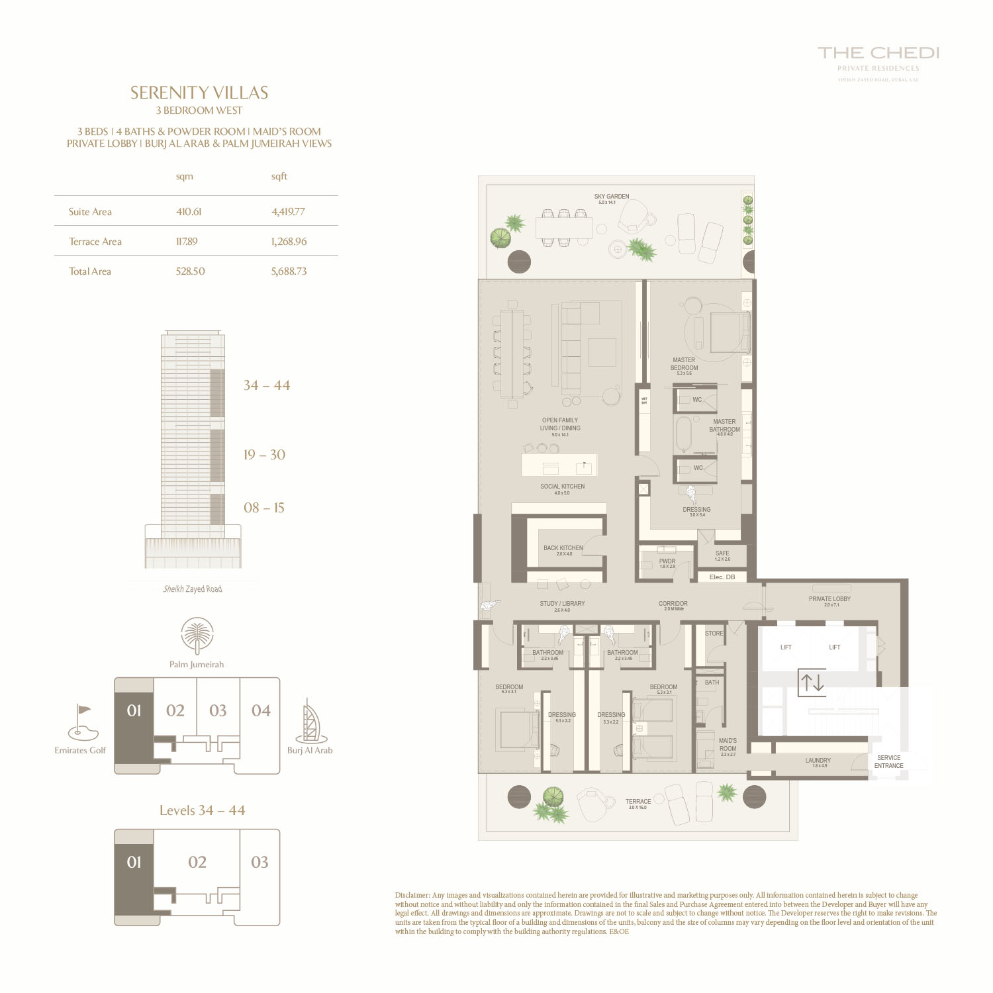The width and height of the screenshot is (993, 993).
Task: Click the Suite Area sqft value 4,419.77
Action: tap(288, 212)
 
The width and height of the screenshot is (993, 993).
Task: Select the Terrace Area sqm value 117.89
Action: tap(187, 242)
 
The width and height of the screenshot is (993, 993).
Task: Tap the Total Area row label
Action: tap(90, 271)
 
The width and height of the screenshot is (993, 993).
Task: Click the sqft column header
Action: tap(279, 176)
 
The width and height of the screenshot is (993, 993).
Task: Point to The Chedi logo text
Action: tap(878, 53)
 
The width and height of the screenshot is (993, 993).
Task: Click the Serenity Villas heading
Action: tap(199, 93)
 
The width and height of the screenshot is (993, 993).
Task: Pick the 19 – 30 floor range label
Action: tap(264, 455)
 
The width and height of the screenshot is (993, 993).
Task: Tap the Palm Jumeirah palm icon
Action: tap(197, 636)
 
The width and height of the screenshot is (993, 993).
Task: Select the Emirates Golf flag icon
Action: tap(83, 722)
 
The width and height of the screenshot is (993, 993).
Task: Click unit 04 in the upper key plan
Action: tap(261, 710)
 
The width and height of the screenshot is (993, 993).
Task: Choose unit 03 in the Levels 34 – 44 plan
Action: tap(260, 862)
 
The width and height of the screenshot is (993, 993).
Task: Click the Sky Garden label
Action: tap(612, 197)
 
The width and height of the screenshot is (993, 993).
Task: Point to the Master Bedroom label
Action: tap(684, 364)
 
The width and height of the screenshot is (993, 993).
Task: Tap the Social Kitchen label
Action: tap(562, 487)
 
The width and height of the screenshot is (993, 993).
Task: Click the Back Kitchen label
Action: tap(563, 548)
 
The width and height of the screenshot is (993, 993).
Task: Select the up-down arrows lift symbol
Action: tap(812, 683)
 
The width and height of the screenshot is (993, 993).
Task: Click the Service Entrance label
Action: tap(888, 762)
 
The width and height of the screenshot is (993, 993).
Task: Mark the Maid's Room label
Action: tap(728, 745)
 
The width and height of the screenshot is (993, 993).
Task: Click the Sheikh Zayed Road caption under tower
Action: tap(193, 589)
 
